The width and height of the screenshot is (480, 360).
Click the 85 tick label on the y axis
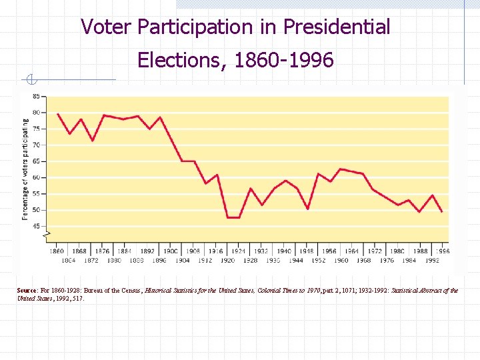pyautogui.click(x=36, y=96)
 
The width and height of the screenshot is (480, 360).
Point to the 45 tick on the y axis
pyautogui.click(x=36, y=226)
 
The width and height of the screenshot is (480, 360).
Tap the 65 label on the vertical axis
pyautogui.click(x=36, y=161)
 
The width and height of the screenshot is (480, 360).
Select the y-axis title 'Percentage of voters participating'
pyautogui.click(x=25, y=169)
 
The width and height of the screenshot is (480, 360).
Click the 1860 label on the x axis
pyautogui.click(x=57, y=251)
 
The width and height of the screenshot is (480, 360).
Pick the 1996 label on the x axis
pyautogui.click(x=443, y=251)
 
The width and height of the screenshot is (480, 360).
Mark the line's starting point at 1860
pyautogui.click(x=58, y=114)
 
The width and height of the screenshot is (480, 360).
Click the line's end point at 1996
pyautogui.click(x=442, y=211)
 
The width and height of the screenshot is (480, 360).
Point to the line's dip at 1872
pyautogui.click(x=93, y=141)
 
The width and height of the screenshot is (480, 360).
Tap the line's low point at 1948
pyautogui.click(x=307, y=209)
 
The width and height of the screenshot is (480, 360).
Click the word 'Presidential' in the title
pyautogui.click(x=337, y=27)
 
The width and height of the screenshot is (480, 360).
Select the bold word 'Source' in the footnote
pyautogui.click(x=27, y=291)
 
